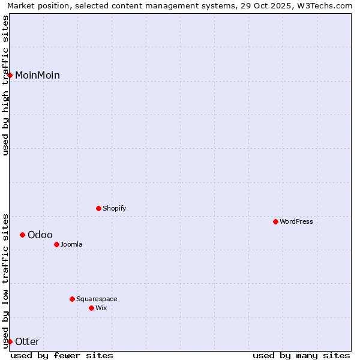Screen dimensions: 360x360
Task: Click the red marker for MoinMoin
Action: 10,75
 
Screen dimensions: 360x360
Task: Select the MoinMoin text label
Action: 37,75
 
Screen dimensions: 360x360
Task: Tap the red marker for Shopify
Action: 98,208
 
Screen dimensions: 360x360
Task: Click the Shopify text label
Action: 114,208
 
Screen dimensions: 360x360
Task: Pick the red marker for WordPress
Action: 275,221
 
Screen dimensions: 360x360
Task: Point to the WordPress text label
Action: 296,221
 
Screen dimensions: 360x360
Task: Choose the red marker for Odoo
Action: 22,235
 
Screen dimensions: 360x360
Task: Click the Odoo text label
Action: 40,235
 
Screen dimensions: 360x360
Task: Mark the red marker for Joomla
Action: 56,244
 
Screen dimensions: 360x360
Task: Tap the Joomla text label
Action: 71,244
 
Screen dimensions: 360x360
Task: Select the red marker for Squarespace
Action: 72,299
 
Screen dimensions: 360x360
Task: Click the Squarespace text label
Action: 97,299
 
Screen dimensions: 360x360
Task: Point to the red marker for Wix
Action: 91,308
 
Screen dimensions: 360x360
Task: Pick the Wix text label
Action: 101,308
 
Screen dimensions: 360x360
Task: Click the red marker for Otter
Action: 10,341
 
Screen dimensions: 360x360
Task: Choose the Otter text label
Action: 27,341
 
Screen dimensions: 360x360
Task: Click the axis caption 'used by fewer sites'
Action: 62,355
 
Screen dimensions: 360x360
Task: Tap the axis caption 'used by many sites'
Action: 301,355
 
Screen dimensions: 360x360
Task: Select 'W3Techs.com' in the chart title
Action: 324,5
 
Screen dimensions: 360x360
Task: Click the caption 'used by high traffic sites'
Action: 5,85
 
